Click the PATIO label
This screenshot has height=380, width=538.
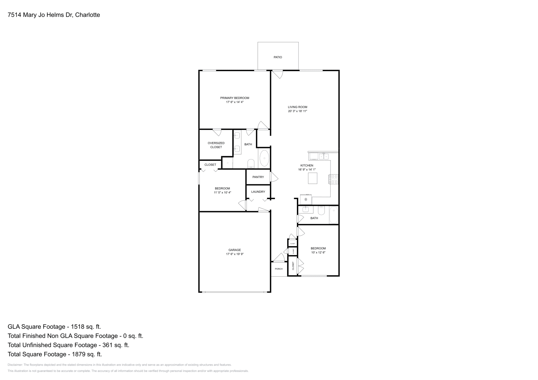pos(278,57)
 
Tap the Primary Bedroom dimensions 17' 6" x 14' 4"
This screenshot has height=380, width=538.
pos(235,102)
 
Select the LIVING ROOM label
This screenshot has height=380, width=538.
pos(298,107)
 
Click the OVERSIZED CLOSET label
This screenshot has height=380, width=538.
pos(216,145)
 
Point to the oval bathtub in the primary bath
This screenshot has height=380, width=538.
pos(264,158)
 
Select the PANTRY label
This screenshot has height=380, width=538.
pos(258,177)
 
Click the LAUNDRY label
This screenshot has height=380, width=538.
pos(258,192)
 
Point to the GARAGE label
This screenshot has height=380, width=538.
pos(235,250)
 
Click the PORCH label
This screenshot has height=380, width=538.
pos(279,269)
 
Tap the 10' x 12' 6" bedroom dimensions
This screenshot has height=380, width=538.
pos(318,252)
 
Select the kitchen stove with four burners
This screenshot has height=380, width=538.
pos(334,179)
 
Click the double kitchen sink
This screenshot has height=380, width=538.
pos(323,156)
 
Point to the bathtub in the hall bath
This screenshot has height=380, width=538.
pos(334,215)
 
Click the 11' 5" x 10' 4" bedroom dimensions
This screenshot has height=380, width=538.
pos(223,193)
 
